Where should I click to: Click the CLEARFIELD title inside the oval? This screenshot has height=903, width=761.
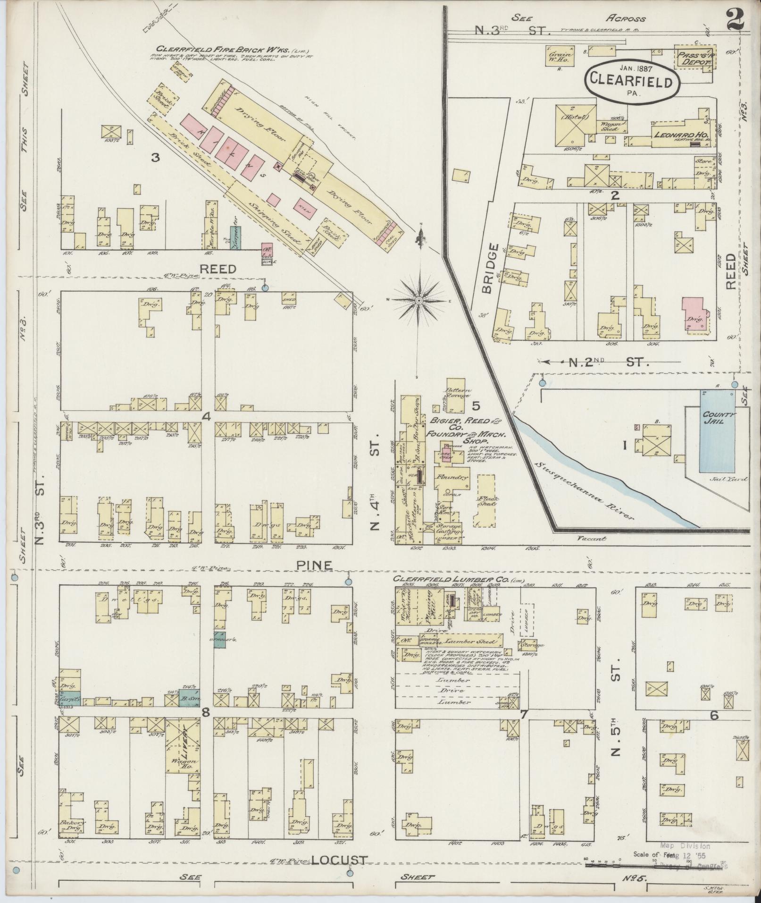pos(632,82)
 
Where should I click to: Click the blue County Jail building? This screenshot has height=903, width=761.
pos(717,431)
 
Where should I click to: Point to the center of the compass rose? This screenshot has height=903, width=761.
pos(419,300)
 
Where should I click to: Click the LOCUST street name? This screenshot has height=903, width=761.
pos(338,860)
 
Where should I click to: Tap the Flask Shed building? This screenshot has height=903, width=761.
pos(486,500)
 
